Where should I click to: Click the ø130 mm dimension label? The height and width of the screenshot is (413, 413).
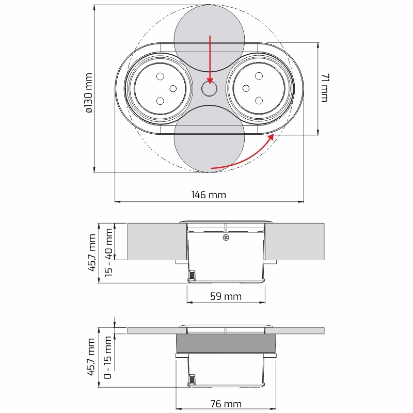tap(89, 93)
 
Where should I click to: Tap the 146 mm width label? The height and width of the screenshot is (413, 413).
tap(209, 195)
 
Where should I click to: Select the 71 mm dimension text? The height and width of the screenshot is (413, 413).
tap(325, 88)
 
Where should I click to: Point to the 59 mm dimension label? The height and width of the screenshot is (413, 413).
tap(226, 296)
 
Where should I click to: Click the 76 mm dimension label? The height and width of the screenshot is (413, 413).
tap(226, 404)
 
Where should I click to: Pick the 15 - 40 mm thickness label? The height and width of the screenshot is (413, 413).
tap(108, 252)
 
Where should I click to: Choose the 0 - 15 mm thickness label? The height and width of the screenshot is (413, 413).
tap(108, 357)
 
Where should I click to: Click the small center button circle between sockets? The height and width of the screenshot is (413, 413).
tap(210, 88)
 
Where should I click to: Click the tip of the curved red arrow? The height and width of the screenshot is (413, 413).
tap(274, 134)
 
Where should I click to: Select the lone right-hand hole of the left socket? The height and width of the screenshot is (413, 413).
tap(173, 89)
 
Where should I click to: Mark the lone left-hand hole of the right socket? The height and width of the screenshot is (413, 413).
tap(246, 88)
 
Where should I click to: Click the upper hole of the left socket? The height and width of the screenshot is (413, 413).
tap(160, 76)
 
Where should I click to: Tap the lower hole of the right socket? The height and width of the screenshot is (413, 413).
tap(259, 100)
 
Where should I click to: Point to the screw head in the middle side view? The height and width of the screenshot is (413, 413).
tap(226, 237)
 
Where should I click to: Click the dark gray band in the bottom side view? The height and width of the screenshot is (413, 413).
tap(226, 343)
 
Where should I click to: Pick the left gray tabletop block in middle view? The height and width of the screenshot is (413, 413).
tap(157, 242)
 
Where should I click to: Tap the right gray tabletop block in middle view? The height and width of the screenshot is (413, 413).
tap(294, 242)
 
